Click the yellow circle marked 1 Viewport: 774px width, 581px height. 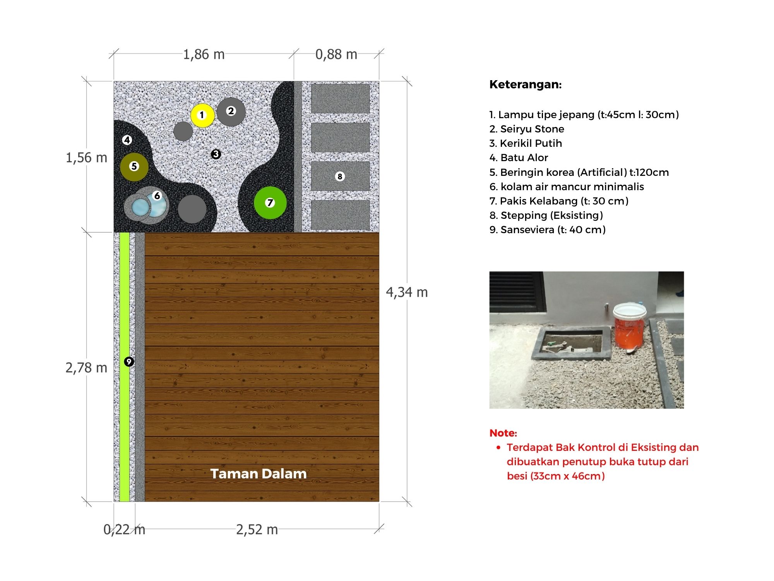click(x=202, y=115)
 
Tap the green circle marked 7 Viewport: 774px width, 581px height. click(x=270, y=203)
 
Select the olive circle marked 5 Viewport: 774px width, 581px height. click(x=134, y=167)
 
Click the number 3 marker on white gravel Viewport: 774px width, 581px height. click(x=216, y=154)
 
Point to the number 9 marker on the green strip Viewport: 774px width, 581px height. click(x=129, y=361)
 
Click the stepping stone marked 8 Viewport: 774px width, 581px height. click(x=340, y=176)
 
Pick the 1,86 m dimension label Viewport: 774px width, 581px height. click(x=204, y=55)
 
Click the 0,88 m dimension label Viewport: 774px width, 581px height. click(x=336, y=55)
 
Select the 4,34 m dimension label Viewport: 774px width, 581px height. click(x=407, y=292)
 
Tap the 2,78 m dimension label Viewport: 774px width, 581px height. click(x=86, y=368)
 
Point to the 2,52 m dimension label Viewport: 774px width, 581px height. click(x=257, y=529)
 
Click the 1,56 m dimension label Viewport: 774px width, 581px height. click(x=86, y=158)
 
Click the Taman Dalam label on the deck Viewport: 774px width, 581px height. click(x=259, y=474)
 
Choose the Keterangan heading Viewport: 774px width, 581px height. click(x=525, y=84)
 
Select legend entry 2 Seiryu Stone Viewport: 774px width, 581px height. click(x=527, y=129)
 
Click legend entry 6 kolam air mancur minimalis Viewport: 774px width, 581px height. click(x=567, y=187)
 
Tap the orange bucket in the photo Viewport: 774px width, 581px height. click(x=629, y=329)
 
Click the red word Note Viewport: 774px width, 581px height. click(x=503, y=433)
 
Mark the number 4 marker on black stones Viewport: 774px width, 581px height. click(x=127, y=140)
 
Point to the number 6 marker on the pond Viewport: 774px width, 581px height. click(x=157, y=196)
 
